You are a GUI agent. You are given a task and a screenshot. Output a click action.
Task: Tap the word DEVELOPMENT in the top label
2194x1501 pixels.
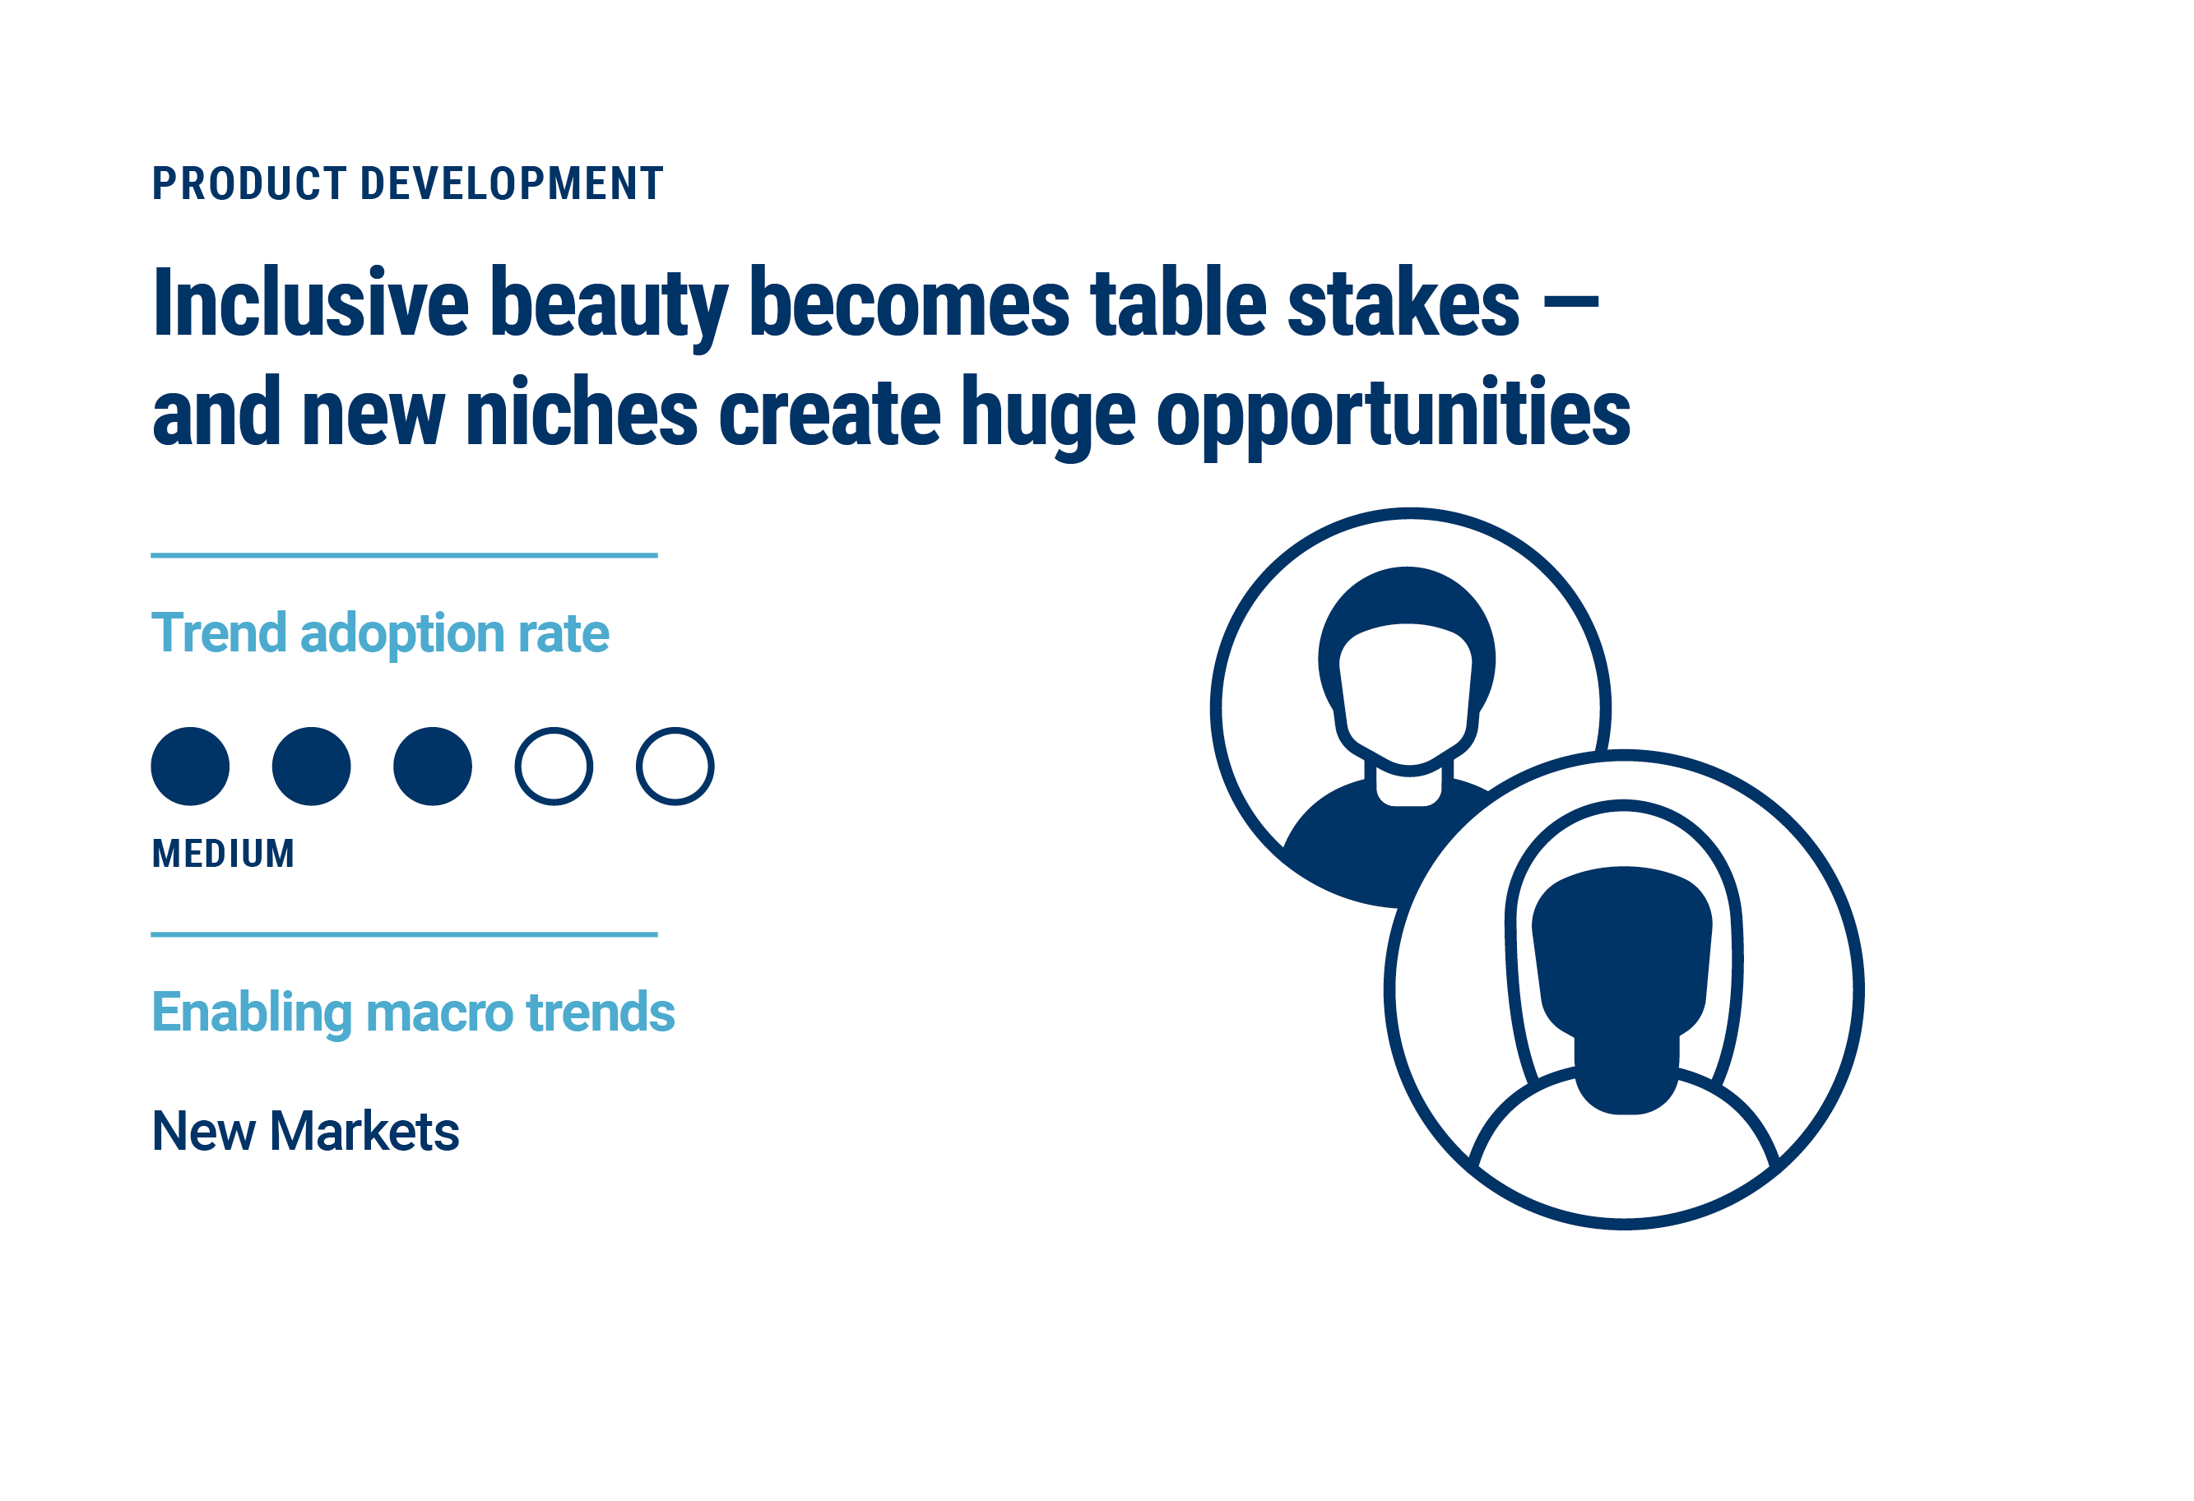[513, 184]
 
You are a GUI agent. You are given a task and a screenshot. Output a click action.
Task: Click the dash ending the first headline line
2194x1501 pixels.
[1572, 302]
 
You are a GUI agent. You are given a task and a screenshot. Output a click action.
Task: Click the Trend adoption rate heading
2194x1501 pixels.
[380, 633]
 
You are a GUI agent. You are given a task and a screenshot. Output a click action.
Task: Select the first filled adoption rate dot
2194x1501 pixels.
[191, 767]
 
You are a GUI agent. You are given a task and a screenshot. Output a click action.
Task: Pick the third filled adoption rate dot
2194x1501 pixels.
[434, 767]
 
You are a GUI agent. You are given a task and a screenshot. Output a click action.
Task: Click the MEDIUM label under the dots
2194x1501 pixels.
[224, 855]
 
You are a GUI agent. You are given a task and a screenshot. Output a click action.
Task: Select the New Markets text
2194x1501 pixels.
[306, 1132]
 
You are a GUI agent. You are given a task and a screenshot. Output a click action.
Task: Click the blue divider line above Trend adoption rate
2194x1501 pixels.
[404, 555]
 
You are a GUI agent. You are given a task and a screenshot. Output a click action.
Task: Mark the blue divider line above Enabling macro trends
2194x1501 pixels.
[404, 934]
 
